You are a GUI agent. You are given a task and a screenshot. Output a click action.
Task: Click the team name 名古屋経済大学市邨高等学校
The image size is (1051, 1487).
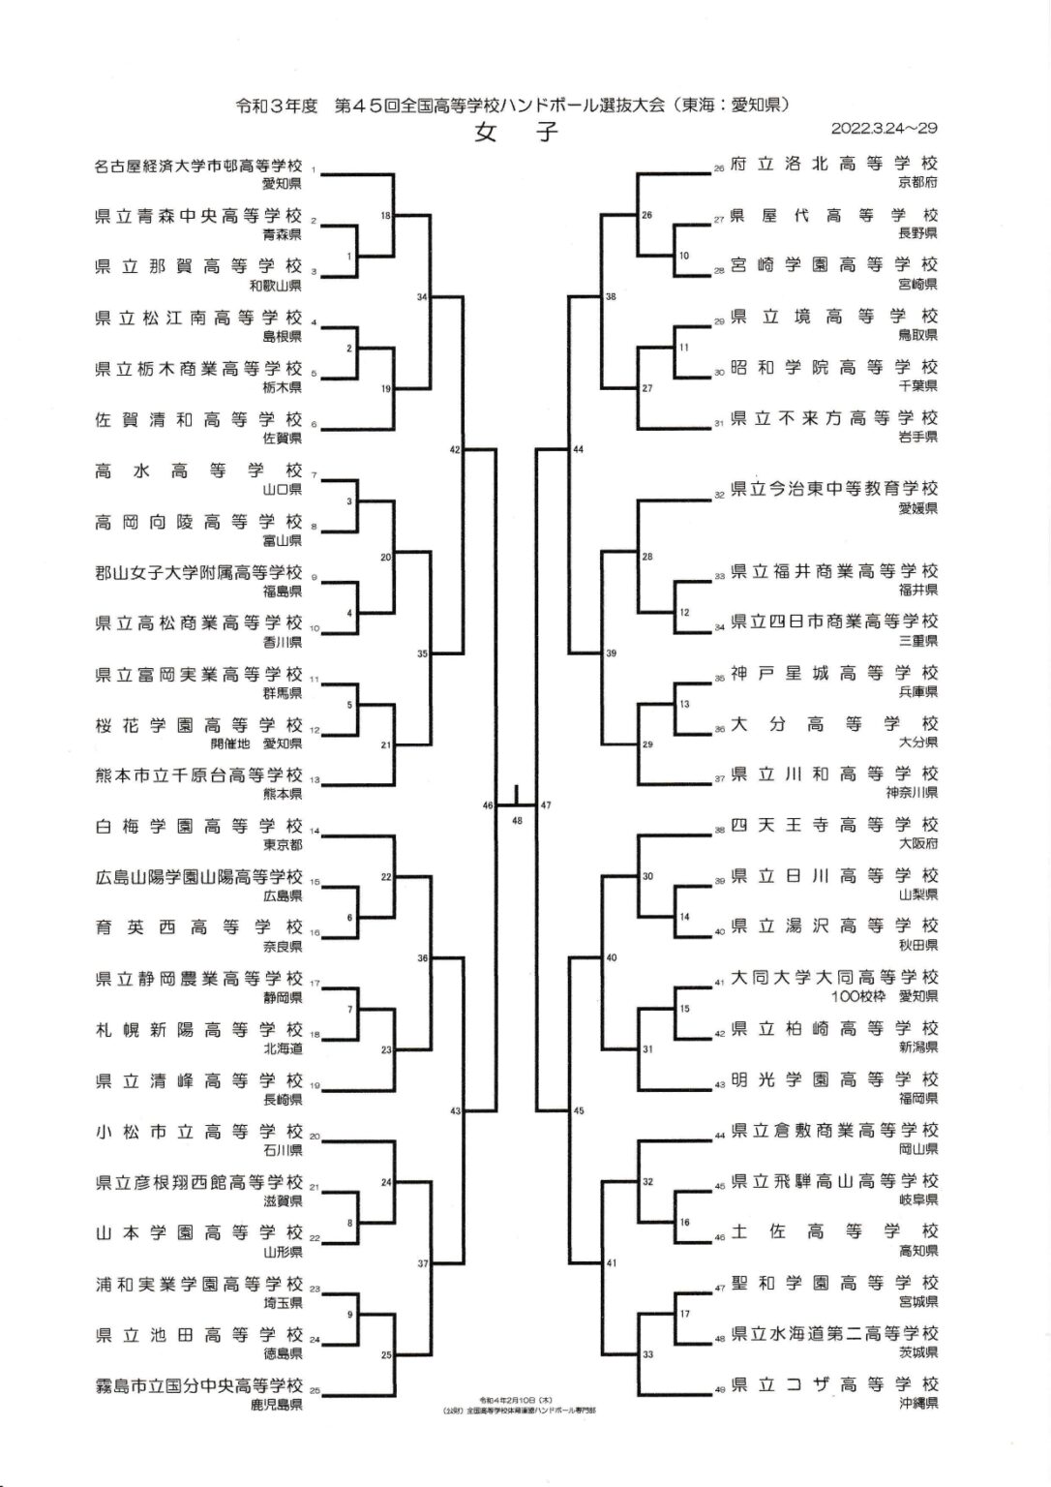(198, 166)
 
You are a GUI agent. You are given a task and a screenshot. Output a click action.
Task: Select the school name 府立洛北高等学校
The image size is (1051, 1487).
(833, 165)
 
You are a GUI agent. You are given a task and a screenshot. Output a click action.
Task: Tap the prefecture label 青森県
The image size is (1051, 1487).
(282, 234)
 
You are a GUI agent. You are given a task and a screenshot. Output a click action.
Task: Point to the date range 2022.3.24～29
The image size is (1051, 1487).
(884, 128)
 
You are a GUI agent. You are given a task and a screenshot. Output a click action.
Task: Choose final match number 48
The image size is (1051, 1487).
(517, 820)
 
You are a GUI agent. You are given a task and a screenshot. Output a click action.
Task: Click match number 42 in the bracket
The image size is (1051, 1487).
(455, 450)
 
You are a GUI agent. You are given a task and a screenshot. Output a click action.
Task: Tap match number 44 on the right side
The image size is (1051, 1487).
(579, 450)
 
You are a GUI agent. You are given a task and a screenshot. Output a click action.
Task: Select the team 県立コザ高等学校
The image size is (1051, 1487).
(833, 1384)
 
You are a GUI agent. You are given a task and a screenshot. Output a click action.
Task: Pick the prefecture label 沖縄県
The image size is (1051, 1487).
(917, 1402)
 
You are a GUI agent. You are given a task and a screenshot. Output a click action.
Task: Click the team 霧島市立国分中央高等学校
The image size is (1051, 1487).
(198, 1386)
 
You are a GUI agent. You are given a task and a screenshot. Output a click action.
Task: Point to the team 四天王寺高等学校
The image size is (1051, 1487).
(833, 825)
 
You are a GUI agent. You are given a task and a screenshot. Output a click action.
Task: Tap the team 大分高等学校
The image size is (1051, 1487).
(833, 723)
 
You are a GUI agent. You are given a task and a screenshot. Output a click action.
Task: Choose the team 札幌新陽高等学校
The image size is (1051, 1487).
(198, 1029)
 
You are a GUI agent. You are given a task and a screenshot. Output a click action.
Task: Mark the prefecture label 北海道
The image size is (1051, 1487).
(282, 1048)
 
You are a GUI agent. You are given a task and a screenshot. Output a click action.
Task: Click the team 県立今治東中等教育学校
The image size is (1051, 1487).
(833, 489)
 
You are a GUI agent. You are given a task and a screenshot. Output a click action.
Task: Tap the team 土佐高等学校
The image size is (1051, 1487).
(833, 1231)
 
